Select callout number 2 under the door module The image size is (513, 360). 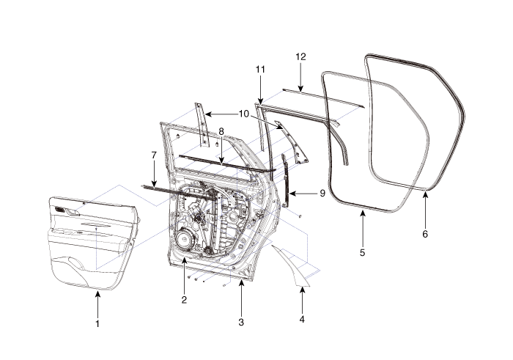(184, 299)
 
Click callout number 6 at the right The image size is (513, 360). (426, 235)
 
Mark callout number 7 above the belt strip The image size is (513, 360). (154, 155)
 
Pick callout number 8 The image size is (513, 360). (221, 131)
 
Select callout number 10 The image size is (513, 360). (243, 114)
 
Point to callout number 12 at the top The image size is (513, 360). (300, 56)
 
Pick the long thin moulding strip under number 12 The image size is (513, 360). (322, 96)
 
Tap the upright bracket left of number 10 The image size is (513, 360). (200, 125)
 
